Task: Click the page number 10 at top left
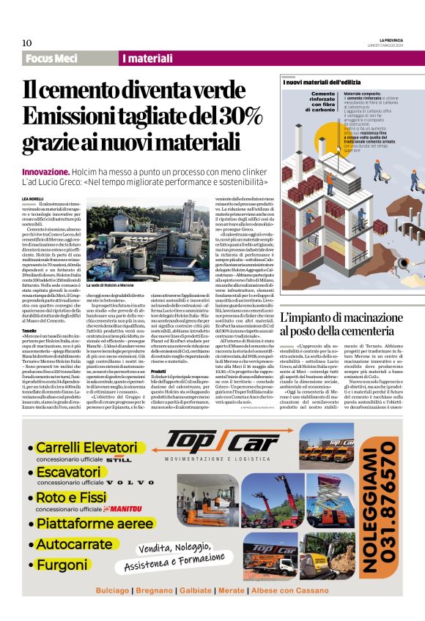point(27,43)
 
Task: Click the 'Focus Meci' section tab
point(51,58)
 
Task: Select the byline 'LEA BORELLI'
point(34,198)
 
